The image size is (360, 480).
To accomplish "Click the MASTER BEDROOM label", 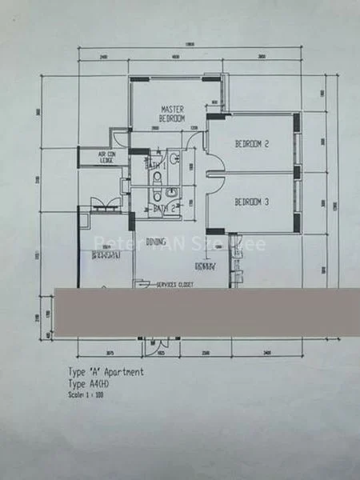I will [174, 113].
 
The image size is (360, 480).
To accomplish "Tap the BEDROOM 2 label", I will [250, 144].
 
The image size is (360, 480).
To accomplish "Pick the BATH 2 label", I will [163, 208].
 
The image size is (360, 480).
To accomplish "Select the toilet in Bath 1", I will [158, 178].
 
